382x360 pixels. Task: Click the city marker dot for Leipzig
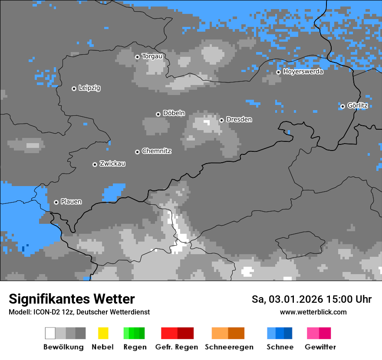point(74,88)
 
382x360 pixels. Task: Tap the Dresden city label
point(239,119)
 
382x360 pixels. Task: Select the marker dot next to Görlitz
point(342,106)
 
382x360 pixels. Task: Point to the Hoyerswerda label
point(303,72)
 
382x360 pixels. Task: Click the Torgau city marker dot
point(137,57)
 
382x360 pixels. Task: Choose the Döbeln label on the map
point(174,113)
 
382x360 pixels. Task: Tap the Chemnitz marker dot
point(137,152)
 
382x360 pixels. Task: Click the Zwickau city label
point(112,164)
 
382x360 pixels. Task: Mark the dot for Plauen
point(56,202)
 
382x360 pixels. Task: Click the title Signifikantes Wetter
point(72,299)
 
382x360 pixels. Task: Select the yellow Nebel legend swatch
point(103,333)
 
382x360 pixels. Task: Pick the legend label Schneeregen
point(229,347)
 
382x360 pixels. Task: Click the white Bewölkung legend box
point(50,333)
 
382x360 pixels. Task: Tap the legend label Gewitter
point(320,347)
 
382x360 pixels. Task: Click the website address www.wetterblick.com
point(313,312)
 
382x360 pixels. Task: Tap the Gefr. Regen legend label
point(177,347)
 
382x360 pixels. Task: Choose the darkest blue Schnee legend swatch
point(288,333)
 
